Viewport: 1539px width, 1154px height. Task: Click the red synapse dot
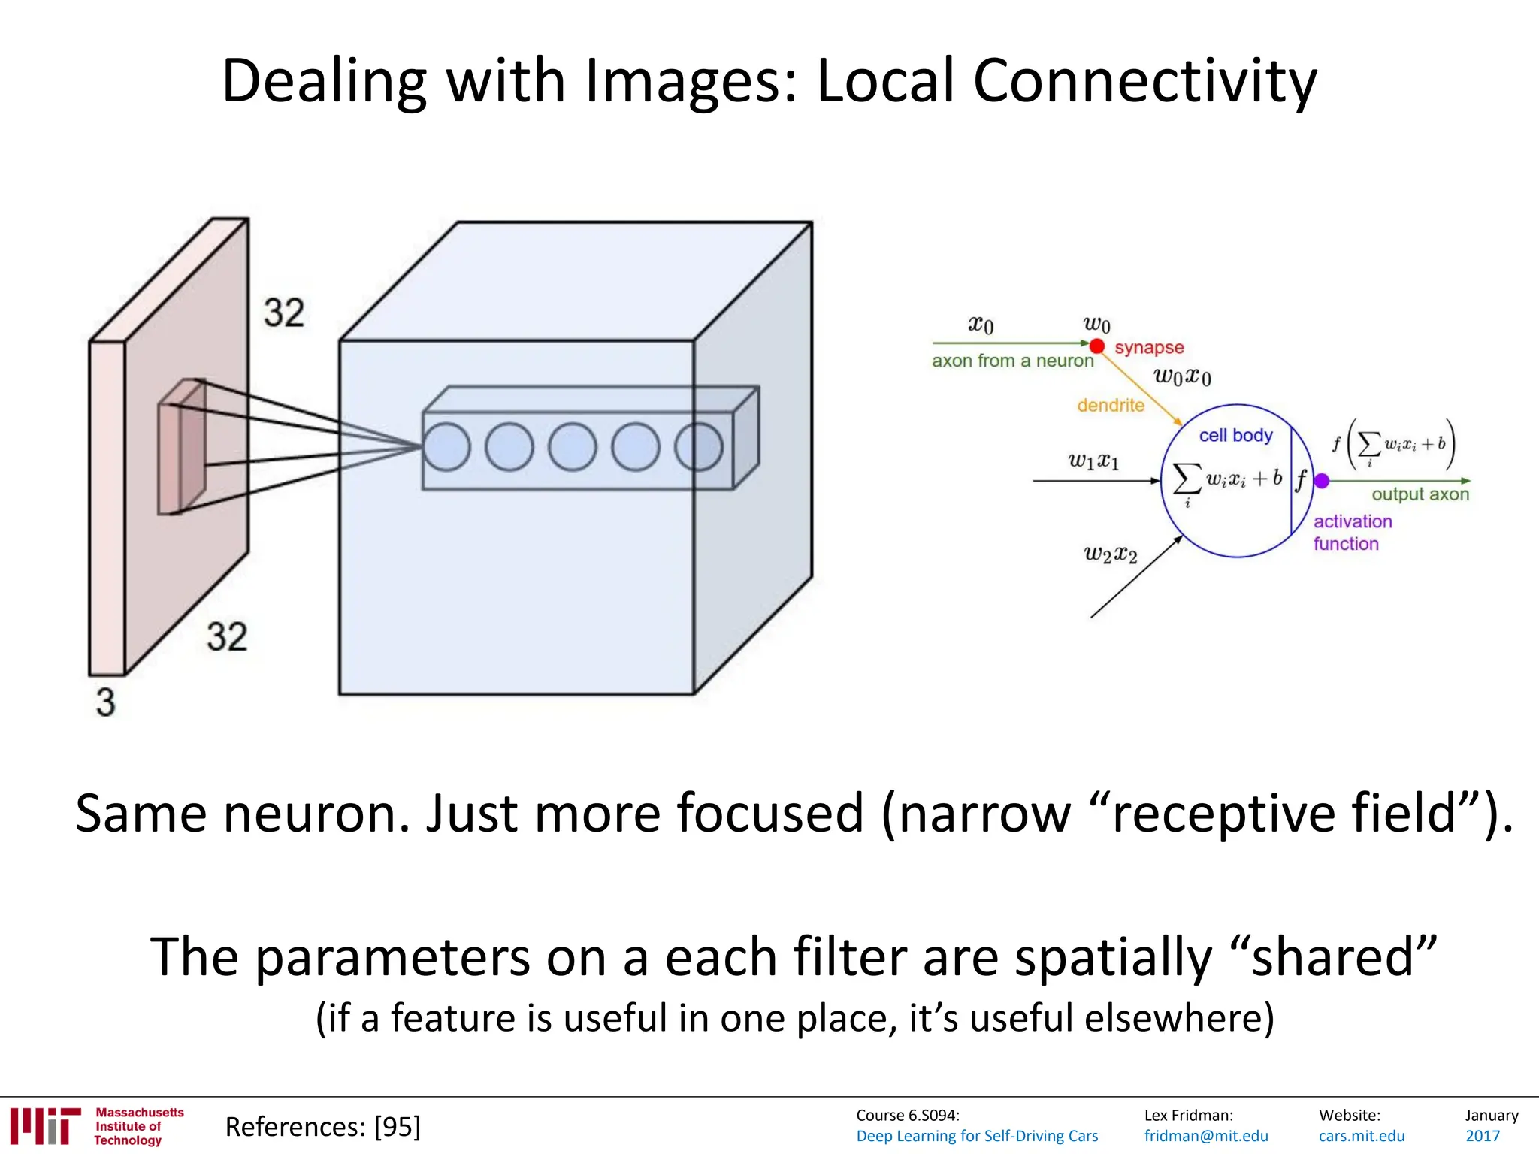click(x=1097, y=346)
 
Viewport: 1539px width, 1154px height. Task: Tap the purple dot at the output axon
click(x=1322, y=481)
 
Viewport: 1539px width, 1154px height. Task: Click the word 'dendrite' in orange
click(x=1111, y=406)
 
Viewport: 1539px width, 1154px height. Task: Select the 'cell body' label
click(x=1235, y=436)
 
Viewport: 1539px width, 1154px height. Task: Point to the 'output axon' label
click(x=1420, y=494)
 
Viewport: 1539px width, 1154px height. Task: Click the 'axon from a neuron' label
click(x=1012, y=361)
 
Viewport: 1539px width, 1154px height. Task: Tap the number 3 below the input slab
click(x=106, y=702)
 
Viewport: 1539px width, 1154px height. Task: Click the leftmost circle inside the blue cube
click(x=446, y=447)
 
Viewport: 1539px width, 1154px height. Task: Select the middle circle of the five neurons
click(x=573, y=447)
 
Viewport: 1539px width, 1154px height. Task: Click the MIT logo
click(x=45, y=1125)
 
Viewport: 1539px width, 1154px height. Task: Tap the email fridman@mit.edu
click(x=1205, y=1136)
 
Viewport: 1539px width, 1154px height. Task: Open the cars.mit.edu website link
click(x=1361, y=1136)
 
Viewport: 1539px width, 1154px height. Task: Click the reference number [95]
click(x=398, y=1127)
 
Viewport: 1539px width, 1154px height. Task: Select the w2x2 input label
click(x=1110, y=554)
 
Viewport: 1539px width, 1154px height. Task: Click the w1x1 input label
click(x=1093, y=460)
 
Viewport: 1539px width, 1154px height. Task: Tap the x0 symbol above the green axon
click(x=981, y=325)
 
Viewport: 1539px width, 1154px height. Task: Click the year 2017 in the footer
click(x=1482, y=1136)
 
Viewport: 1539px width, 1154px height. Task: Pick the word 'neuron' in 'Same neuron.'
click(x=316, y=814)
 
